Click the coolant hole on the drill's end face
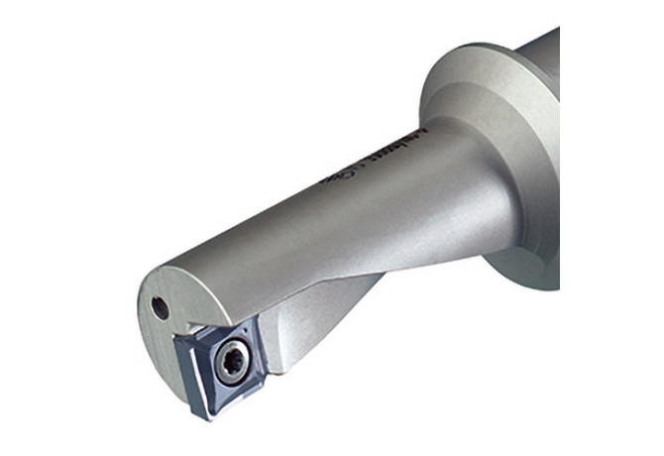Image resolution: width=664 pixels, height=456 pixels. coord(160,307)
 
